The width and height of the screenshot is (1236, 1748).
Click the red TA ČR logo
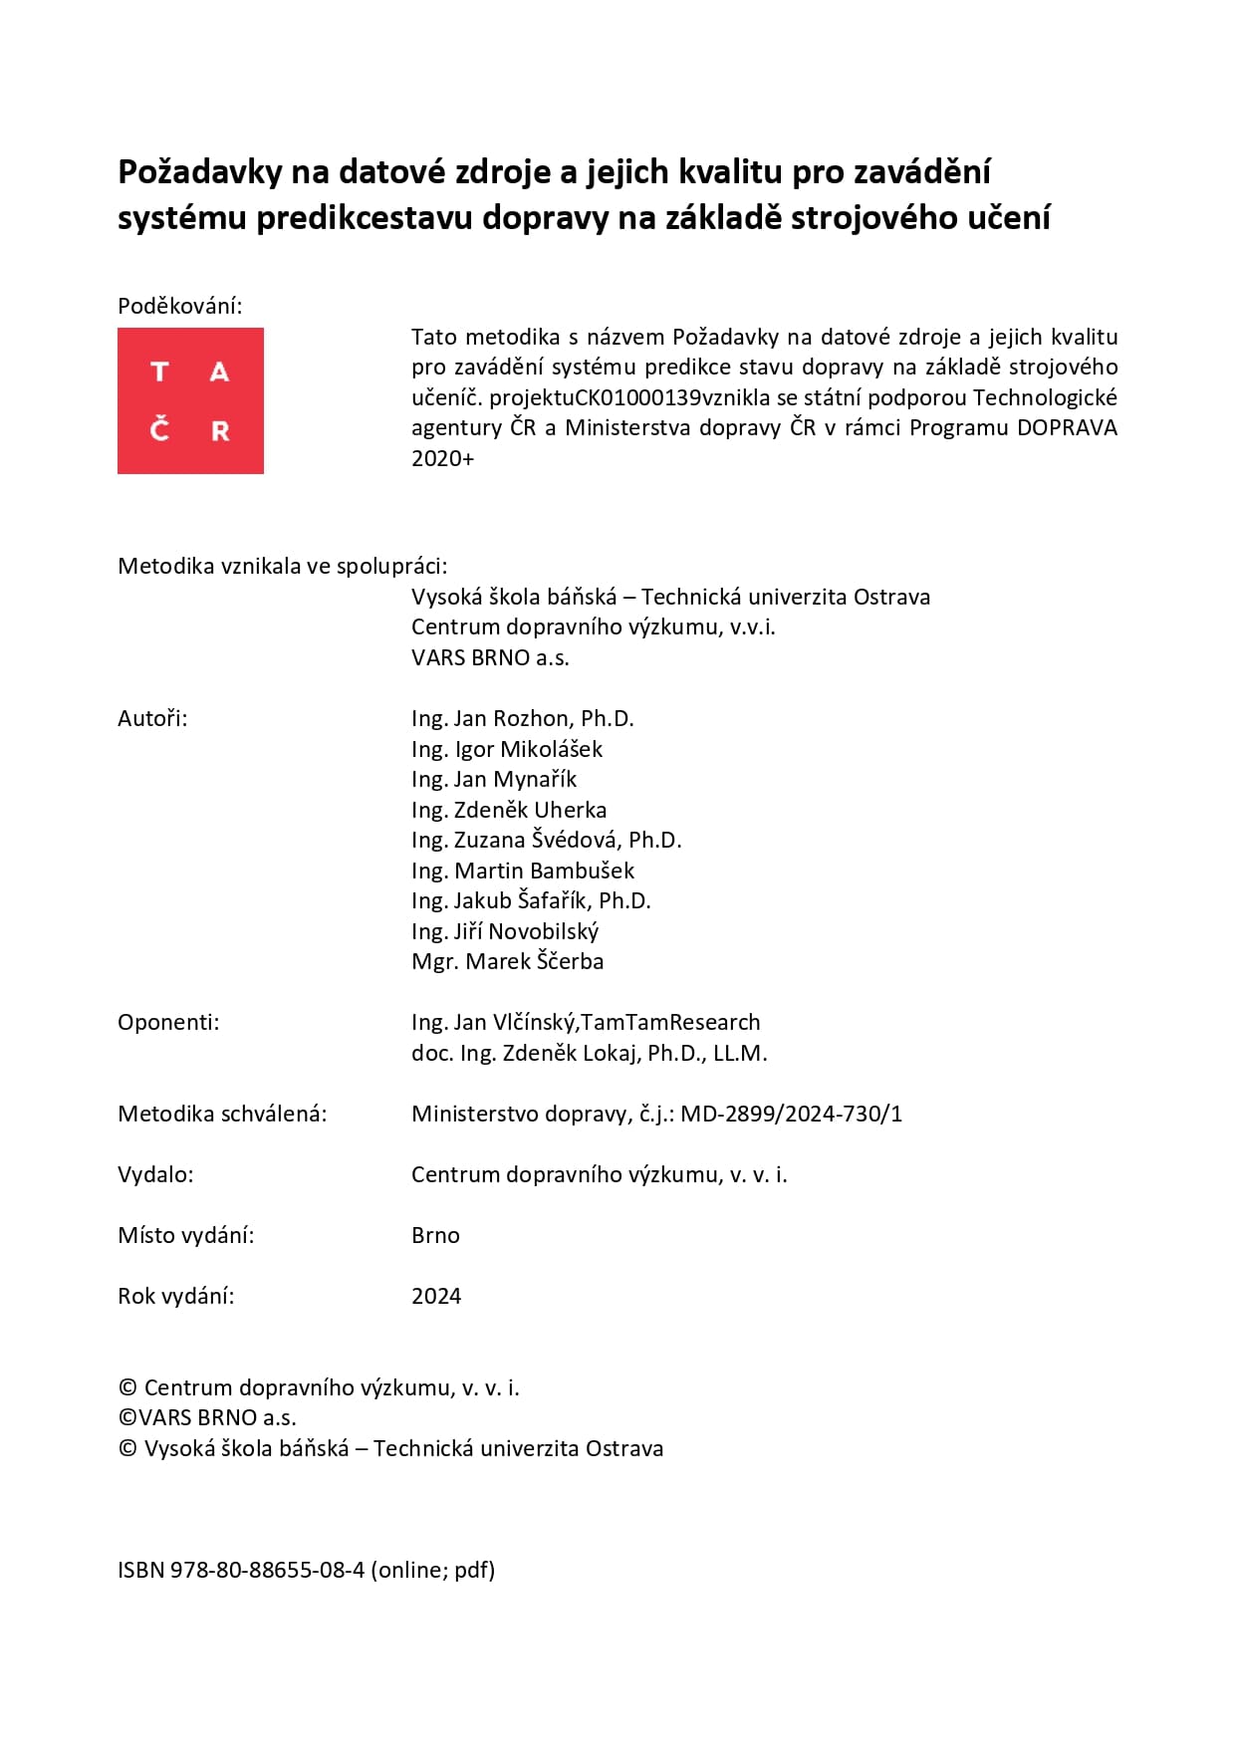click(x=190, y=400)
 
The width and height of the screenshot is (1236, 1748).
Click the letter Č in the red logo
click(x=159, y=430)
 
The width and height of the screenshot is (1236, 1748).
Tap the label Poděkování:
click(x=179, y=306)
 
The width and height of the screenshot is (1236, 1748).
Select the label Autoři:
click(x=152, y=718)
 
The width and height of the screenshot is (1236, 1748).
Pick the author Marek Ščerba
click(x=535, y=961)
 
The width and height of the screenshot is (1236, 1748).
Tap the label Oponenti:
click(x=168, y=1022)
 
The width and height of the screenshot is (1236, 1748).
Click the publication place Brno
click(x=435, y=1235)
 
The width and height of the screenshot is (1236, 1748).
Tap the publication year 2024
click(x=436, y=1296)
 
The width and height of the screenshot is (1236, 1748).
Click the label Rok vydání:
click(x=176, y=1296)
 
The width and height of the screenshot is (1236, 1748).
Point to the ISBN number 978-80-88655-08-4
click(x=267, y=1570)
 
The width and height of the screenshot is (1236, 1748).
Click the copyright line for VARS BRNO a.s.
click(x=207, y=1417)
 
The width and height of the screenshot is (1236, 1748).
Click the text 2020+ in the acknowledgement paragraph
click(x=443, y=458)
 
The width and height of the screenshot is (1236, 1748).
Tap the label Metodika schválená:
click(x=222, y=1114)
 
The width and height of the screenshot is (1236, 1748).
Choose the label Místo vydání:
click(x=186, y=1235)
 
